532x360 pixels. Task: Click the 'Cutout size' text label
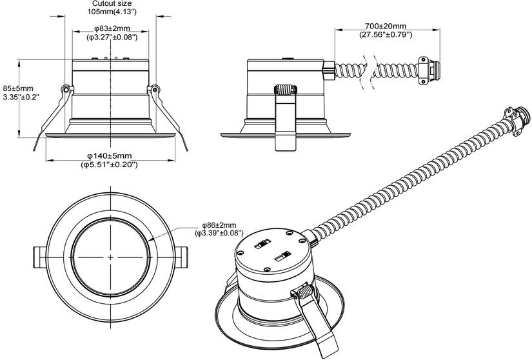click(x=112, y=4)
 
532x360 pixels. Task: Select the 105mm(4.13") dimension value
click(x=112, y=12)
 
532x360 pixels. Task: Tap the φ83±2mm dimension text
click(x=112, y=29)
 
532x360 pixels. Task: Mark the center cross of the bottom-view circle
click(x=111, y=257)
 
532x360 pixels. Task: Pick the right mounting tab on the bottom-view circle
click(x=184, y=257)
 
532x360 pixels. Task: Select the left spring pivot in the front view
click(x=65, y=88)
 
